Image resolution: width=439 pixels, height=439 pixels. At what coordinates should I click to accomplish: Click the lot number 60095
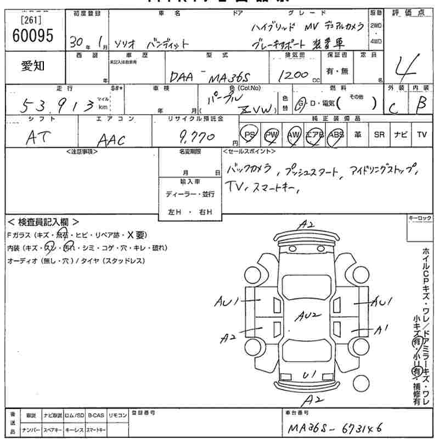coord(32,36)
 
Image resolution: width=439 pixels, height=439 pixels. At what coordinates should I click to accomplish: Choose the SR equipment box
coord(379,134)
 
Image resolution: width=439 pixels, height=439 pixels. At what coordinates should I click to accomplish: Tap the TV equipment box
coord(421,134)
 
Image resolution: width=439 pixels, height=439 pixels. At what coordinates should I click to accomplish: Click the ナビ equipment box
coord(400,134)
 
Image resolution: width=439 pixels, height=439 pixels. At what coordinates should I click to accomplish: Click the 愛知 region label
coord(32,66)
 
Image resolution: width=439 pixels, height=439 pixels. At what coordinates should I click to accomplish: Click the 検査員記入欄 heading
coord(43,222)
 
